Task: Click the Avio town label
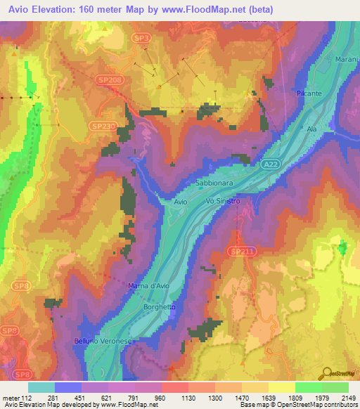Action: click(x=181, y=202)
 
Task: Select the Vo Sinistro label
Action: click(x=223, y=201)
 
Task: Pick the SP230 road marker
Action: click(x=100, y=125)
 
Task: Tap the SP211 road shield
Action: click(x=240, y=251)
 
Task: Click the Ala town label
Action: click(x=312, y=129)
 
